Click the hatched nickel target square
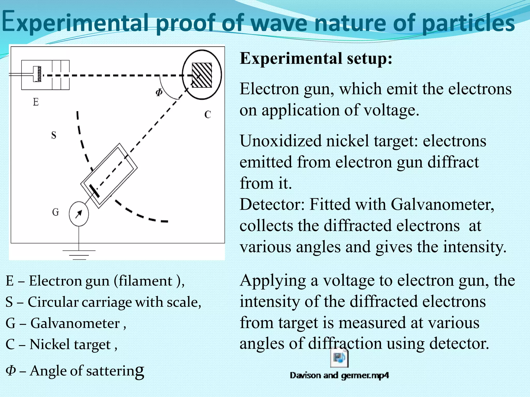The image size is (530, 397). pos(202,75)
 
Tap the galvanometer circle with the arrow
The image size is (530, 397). pos(79,214)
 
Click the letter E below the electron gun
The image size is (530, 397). pos(36,102)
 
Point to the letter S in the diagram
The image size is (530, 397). pos(54,135)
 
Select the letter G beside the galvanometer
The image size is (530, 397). pos(55,212)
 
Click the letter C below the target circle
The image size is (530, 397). pos(208,114)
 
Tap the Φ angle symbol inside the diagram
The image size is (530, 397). pos(159,92)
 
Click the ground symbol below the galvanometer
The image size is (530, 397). pos(79,254)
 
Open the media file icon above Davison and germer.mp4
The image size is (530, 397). pos(339,358)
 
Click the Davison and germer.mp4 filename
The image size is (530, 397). pos(339,375)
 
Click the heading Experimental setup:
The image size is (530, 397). pos(316,58)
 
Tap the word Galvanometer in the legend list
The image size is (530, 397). pos(75,323)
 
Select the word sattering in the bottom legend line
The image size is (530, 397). pos(115,371)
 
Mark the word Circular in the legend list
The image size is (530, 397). pos(53,302)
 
